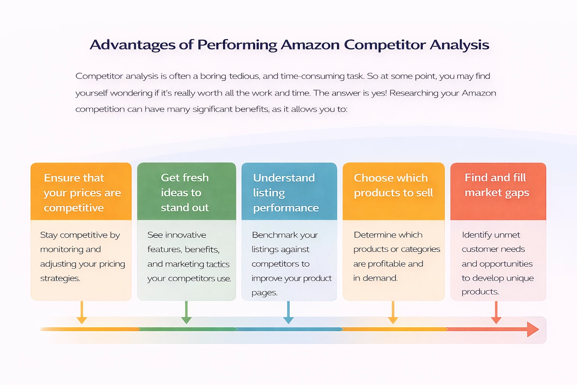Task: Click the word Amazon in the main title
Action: pos(310,45)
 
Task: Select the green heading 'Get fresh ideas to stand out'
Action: pos(185,192)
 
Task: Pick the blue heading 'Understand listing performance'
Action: pos(285,192)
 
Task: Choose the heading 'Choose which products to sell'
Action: pos(393,185)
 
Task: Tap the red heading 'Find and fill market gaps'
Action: pos(497,185)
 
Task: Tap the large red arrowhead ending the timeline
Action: pos(533,329)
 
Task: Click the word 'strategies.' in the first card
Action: pos(60,279)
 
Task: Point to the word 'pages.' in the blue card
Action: pos(264,293)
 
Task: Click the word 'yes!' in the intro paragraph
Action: pos(379,93)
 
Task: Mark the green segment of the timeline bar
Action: pos(188,329)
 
